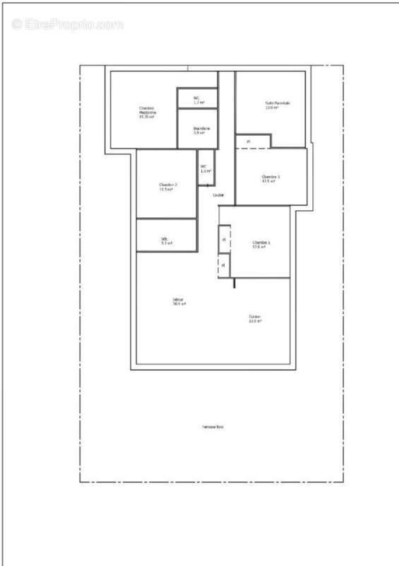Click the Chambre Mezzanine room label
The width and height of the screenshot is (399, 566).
(147, 110)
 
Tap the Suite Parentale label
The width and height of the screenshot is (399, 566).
(278, 103)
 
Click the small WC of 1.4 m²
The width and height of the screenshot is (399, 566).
(205, 168)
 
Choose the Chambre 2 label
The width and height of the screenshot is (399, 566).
(167, 185)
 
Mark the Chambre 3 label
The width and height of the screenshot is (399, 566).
(270, 177)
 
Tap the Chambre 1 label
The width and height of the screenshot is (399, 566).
(261, 243)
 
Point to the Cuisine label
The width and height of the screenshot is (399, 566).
(254, 317)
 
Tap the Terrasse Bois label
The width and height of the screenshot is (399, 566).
(212, 427)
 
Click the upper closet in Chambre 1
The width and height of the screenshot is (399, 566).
(224, 238)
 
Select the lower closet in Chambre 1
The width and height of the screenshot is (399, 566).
(224, 265)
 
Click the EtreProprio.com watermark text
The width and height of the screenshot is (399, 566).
(68, 24)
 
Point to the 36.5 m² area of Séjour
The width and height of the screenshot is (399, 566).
(179, 304)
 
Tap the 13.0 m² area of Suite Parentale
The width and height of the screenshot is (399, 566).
(277, 108)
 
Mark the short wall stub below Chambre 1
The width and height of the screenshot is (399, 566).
(233, 282)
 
